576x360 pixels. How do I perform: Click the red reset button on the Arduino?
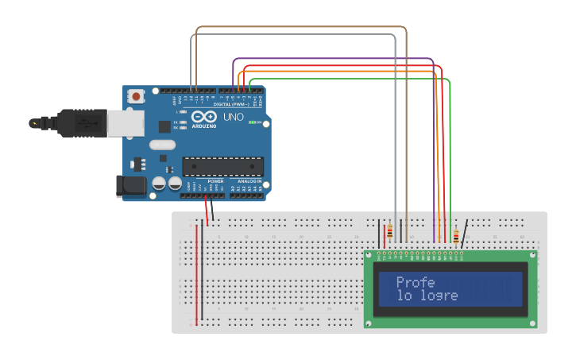[137, 96]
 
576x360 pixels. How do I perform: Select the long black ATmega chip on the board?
[222, 166]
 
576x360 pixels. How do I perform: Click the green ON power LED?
[253, 122]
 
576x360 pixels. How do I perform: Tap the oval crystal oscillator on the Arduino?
[161, 145]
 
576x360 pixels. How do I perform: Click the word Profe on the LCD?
[415, 282]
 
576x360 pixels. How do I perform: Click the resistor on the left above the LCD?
[389, 232]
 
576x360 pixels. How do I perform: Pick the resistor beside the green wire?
[455, 235]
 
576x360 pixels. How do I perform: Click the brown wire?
[302, 27]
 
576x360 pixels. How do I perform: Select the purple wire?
[334, 58]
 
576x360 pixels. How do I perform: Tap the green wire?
[350, 79]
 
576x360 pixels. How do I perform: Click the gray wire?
[294, 35]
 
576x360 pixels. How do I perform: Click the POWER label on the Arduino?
[215, 181]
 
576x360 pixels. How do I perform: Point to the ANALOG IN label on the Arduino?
[249, 181]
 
